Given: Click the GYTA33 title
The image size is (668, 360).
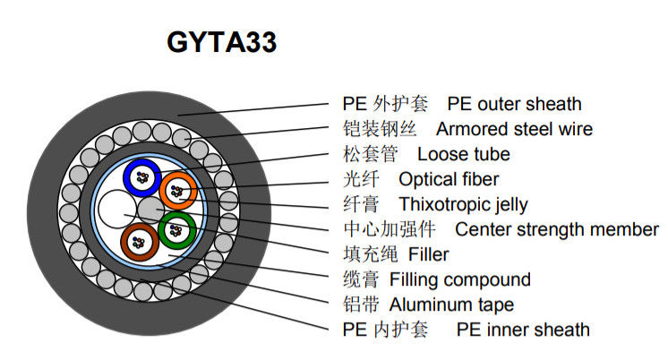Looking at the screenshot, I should point(221,42).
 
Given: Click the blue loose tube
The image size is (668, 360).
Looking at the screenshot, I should point(141,176).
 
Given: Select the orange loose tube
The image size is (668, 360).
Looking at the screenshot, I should point(178,190).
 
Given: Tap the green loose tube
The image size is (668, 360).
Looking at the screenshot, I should point(176,231).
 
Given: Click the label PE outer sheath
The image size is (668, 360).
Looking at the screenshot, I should point(514,105).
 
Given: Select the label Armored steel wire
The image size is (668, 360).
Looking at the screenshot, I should point(514,130).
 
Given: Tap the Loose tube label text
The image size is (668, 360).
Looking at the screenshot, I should point(464,155).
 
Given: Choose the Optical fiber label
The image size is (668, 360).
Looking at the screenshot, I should point(449,180).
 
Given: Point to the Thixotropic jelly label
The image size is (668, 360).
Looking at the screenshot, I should point(463,205).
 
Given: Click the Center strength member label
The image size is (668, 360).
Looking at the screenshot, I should point(556,230).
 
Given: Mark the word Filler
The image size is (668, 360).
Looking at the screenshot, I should point(428,255).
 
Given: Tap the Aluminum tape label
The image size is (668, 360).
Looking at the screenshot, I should point(451,305).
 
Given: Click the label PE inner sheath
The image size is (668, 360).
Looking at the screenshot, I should point(523,330).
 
